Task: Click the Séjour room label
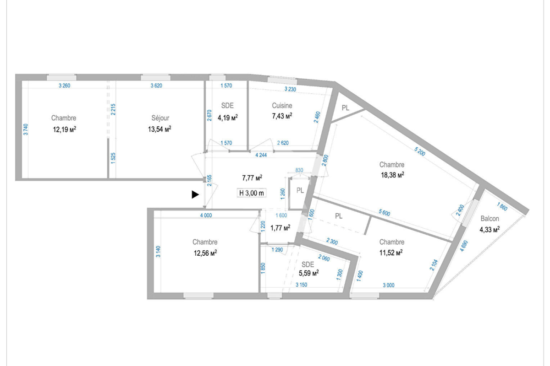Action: pos(160,118)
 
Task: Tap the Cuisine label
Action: pos(282,106)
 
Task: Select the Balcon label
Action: pos(489,219)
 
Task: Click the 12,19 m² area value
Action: pos(65,129)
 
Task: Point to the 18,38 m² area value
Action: pos(392,175)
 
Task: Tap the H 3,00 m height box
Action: pos(252,193)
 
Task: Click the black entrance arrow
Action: pos(195,195)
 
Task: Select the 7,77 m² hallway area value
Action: pos(252,178)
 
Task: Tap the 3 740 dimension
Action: pos(26,130)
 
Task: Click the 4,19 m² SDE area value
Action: pos(227,118)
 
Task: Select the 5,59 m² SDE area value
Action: pos(308,273)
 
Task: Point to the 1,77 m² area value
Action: pos(280,227)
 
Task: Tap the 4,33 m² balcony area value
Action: pos(489,230)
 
